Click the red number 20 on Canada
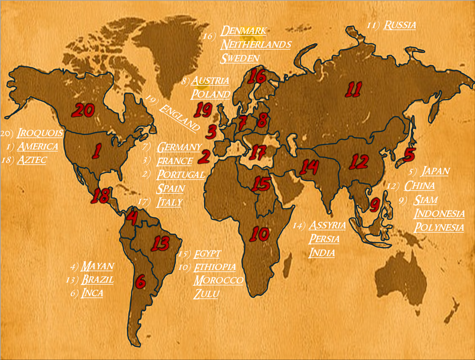tap(83, 110)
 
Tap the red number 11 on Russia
tap(354, 89)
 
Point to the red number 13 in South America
tap(160, 243)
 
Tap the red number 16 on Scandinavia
tap(257, 76)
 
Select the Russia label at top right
tap(399, 25)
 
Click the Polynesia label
tap(439, 227)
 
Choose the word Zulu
tap(206, 294)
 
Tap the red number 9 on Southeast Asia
tap(375, 205)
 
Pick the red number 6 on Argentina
tap(141, 282)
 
